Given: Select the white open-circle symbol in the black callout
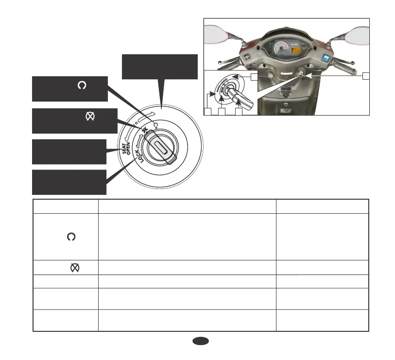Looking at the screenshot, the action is tap(81, 86).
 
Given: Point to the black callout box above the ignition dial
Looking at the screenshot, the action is tap(160, 67).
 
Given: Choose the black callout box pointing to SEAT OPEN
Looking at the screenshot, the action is tap(69, 152).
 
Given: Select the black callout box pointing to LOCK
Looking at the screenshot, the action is tap(69, 182).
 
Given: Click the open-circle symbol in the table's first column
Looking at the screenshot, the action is tap(71, 236).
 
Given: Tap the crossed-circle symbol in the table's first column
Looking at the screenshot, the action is tap(74, 268).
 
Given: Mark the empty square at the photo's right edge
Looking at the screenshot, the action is tap(366, 75).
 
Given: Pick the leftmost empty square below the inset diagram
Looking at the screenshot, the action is tap(207, 112).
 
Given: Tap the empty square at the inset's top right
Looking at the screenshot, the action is tap(254, 76).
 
